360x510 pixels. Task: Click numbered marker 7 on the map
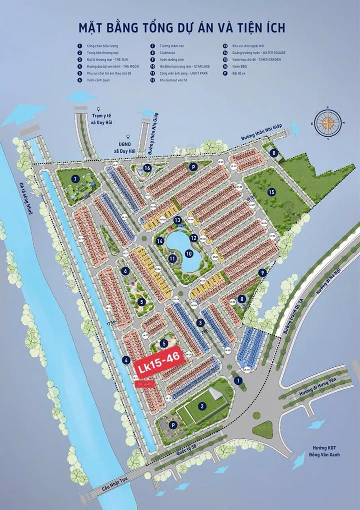tap(74, 179)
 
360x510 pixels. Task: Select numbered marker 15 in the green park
tap(271, 192)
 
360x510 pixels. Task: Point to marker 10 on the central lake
tap(189, 254)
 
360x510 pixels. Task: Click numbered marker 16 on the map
tap(147, 168)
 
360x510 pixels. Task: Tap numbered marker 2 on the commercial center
tap(202, 406)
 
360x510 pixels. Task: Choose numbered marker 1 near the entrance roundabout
tap(238, 381)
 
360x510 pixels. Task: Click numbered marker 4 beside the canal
tap(127, 359)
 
